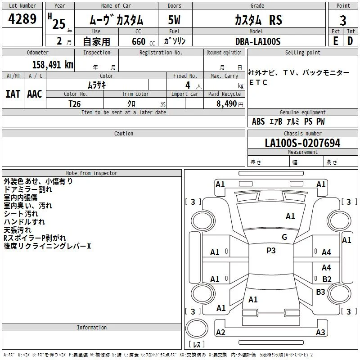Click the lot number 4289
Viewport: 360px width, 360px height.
[x=22, y=19]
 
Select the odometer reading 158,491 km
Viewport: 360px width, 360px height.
[x=53, y=65]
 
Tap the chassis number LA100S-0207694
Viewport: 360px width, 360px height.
[x=302, y=143]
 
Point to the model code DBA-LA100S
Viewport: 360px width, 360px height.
[x=258, y=41]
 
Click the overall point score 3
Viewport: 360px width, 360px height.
[x=343, y=20]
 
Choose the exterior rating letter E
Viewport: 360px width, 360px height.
[x=335, y=41]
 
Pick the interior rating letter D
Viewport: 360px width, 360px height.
[x=350, y=41]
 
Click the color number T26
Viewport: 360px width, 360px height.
[x=75, y=104]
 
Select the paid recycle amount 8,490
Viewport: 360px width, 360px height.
[x=226, y=104]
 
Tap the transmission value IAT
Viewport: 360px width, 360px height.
[x=13, y=94]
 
